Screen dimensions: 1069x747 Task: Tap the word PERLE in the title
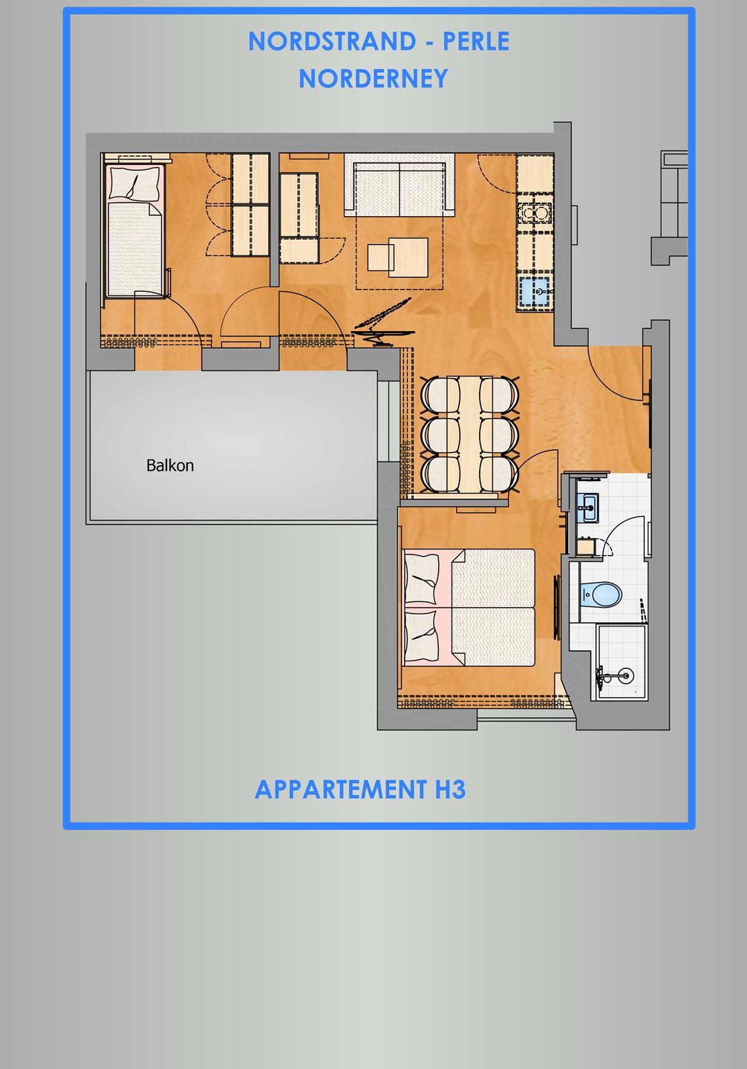click(x=476, y=42)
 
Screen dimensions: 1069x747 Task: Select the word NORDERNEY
click(x=373, y=78)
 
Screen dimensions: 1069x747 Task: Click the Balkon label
click(x=170, y=465)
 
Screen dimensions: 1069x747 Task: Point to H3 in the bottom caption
click(x=450, y=789)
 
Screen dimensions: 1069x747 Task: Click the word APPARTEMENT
click(x=340, y=789)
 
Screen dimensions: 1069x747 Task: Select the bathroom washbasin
click(x=589, y=508)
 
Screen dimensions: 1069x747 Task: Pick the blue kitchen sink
click(x=535, y=292)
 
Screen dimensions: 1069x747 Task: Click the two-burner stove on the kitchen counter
click(x=535, y=214)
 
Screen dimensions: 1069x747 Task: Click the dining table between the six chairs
click(x=470, y=435)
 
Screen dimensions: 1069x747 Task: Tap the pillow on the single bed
click(x=134, y=183)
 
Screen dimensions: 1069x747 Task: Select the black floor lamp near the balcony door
click(x=382, y=323)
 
